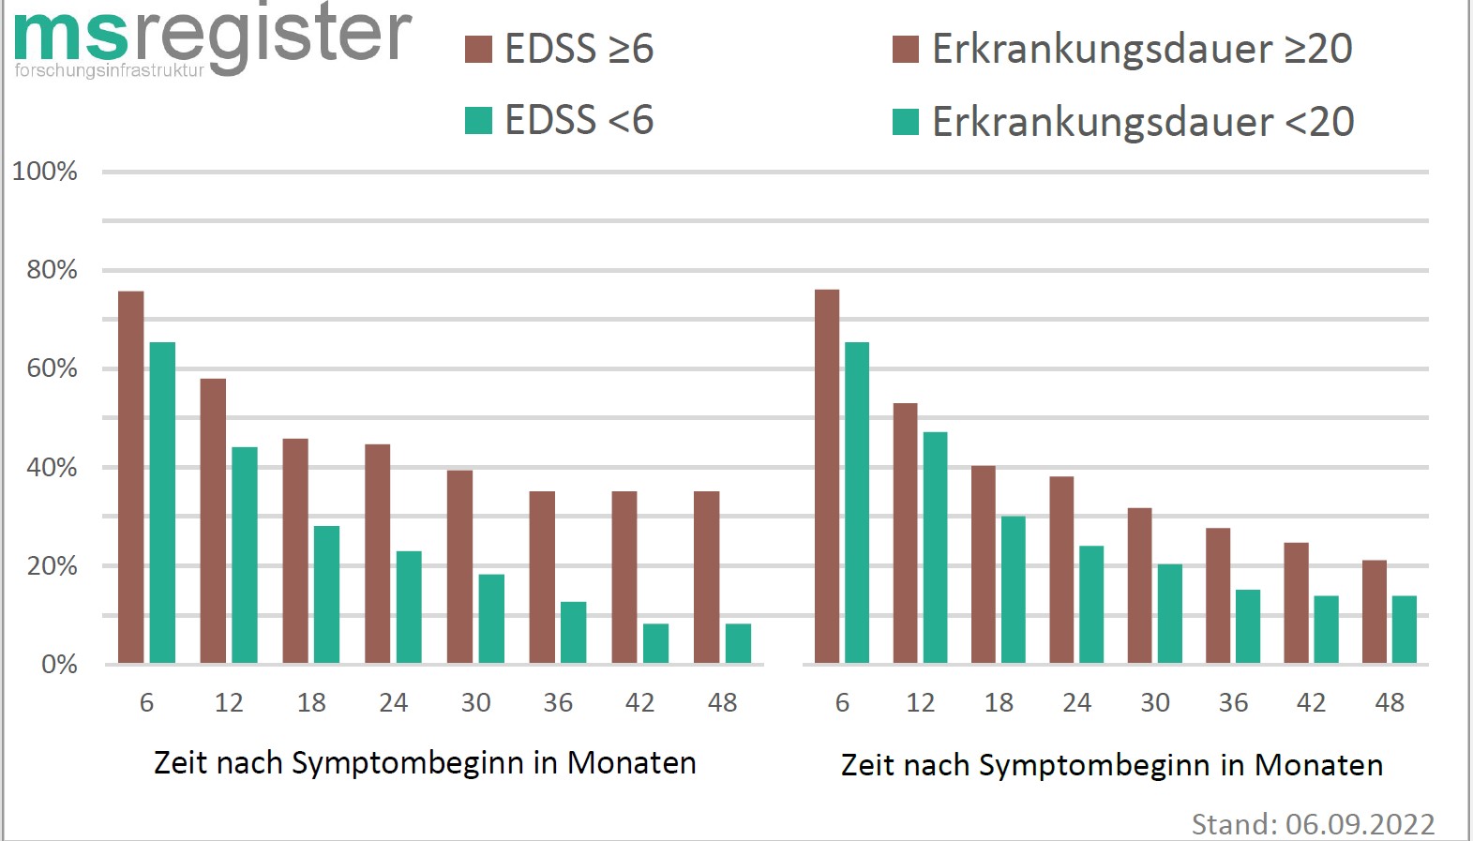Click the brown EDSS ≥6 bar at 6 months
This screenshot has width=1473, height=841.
(131, 477)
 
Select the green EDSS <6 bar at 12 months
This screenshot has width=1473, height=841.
(245, 555)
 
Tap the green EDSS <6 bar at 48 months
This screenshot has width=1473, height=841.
(738, 643)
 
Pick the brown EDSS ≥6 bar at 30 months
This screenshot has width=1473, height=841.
(459, 566)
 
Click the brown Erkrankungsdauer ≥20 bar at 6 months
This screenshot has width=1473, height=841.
(827, 476)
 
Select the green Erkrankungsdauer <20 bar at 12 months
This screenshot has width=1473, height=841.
(935, 548)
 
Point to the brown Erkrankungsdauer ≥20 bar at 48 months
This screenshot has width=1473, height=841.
(1374, 611)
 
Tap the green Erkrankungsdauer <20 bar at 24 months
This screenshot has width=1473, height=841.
(1091, 604)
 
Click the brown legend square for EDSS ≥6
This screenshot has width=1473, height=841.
(479, 49)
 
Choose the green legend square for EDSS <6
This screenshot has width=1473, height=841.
(479, 121)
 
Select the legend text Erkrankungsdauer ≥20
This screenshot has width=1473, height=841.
(1142, 49)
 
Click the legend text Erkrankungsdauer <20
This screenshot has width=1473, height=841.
(1143, 122)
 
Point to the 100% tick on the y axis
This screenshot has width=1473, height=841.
(44, 172)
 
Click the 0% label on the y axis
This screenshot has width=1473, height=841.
(59, 665)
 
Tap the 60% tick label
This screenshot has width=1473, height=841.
(52, 368)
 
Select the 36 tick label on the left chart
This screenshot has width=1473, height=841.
(558, 702)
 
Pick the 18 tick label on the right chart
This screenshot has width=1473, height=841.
(999, 702)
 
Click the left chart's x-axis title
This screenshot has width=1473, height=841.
(425, 763)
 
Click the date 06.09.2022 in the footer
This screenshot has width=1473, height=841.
(1360, 824)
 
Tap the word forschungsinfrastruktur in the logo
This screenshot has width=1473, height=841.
(109, 70)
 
